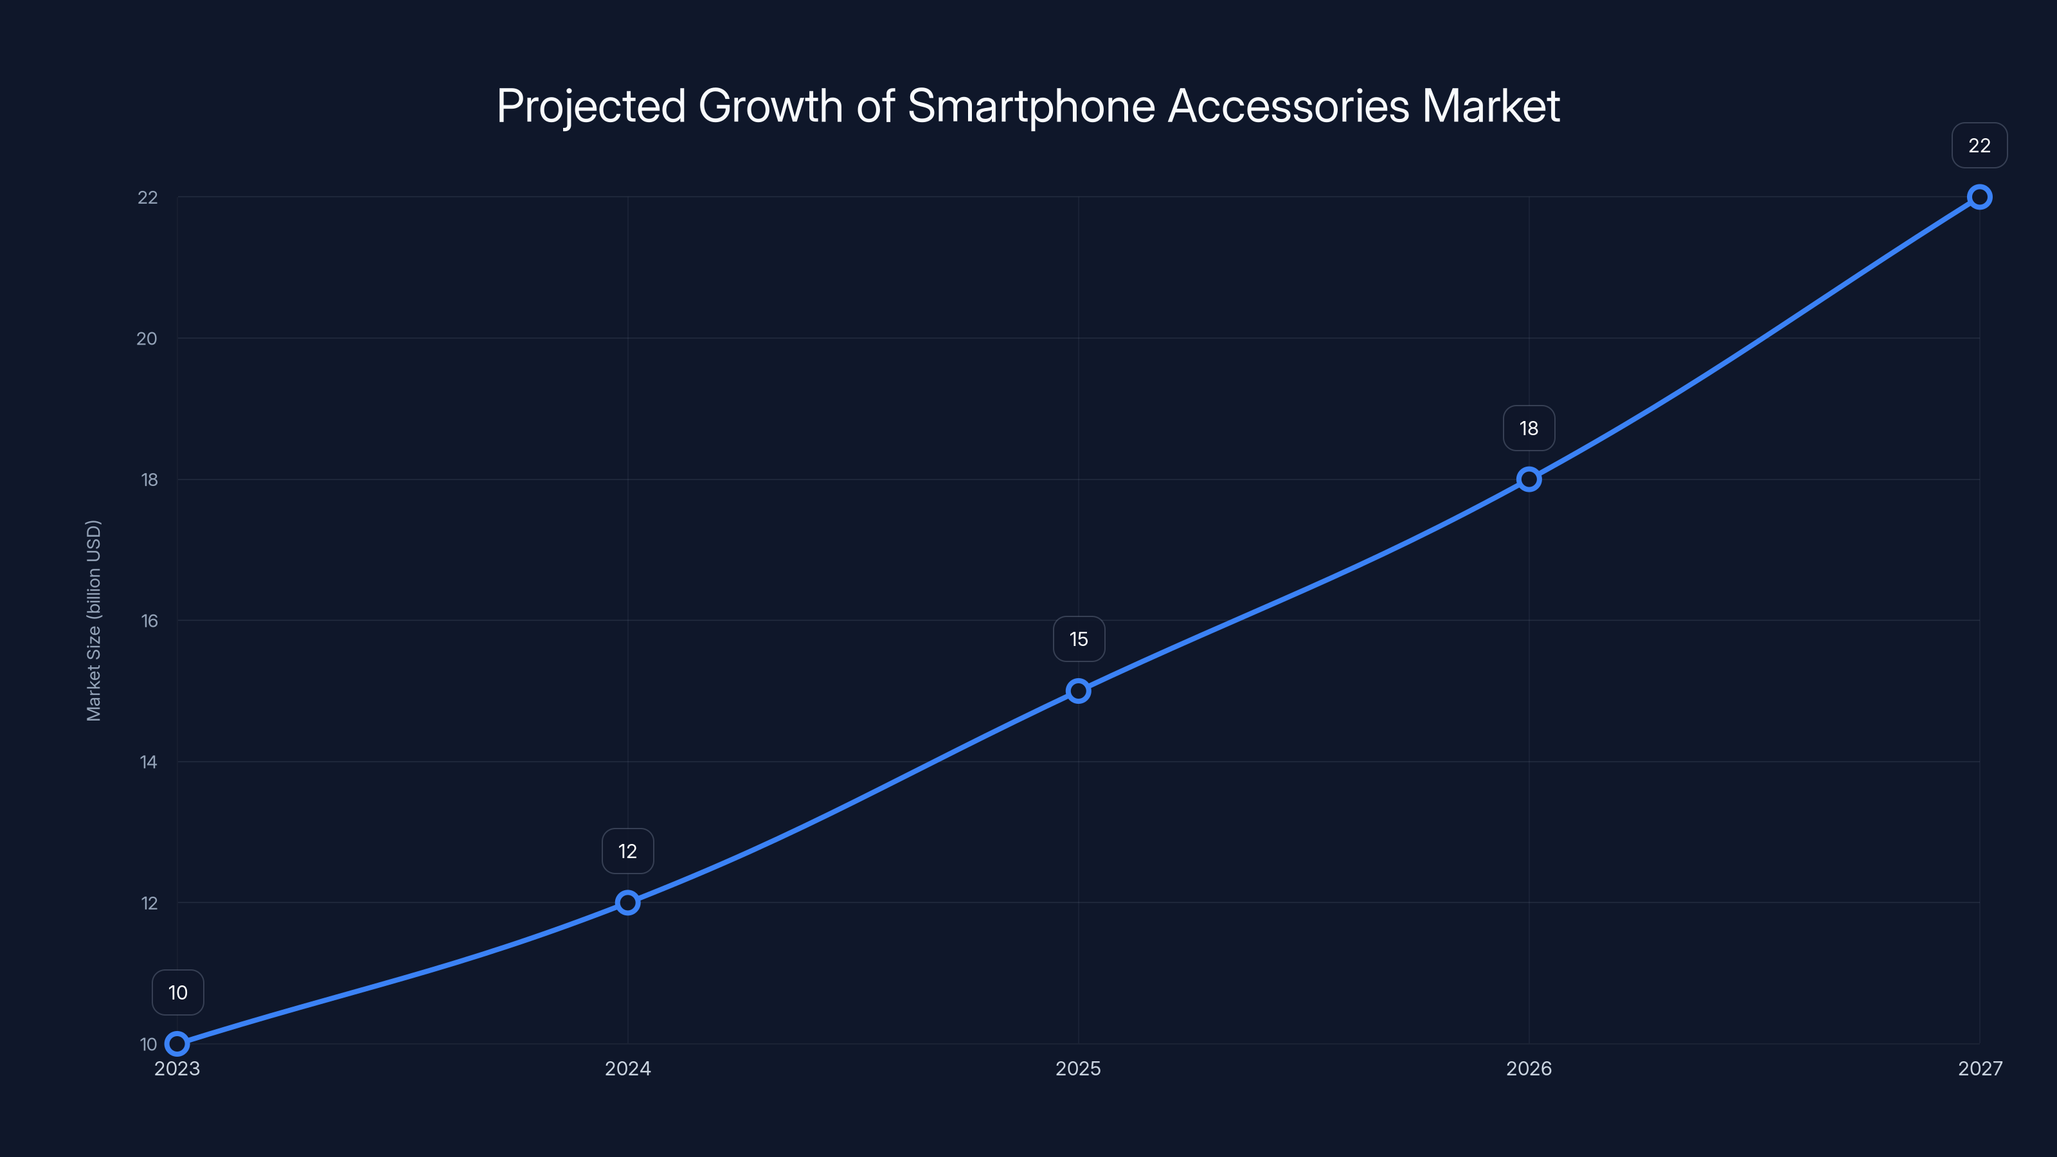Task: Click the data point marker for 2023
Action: (x=177, y=1044)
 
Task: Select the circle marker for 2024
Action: (x=627, y=902)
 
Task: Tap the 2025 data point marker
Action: (x=1078, y=691)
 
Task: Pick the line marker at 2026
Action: (x=1529, y=479)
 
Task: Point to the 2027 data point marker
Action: (x=1979, y=197)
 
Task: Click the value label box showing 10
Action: (x=177, y=992)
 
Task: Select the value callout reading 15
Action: (x=1078, y=639)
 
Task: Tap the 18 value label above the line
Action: (x=1529, y=428)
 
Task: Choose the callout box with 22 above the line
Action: (x=1979, y=145)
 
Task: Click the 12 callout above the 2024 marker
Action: (x=627, y=851)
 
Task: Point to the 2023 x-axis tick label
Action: (x=177, y=1068)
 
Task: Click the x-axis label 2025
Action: (x=1078, y=1068)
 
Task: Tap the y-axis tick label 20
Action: (x=147, y=339)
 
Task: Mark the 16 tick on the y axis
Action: (x=149, y=620)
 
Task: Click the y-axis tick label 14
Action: (x=148, y=762)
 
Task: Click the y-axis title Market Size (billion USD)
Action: (x=93, y=620)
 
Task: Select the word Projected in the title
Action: (x=591, y=106)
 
